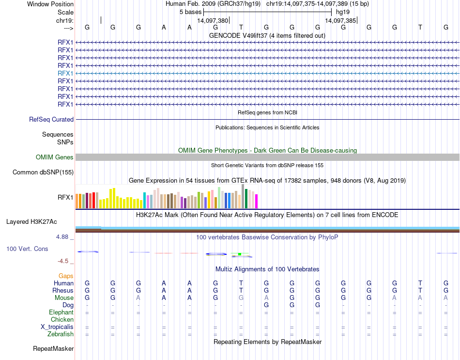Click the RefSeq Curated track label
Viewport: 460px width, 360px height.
tap(51, 119)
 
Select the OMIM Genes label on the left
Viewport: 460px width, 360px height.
tap(55, 157)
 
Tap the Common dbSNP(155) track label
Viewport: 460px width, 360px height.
tap(43, 172)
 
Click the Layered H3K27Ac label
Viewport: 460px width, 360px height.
tap(31, 222)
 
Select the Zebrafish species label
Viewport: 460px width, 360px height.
tap(61, 334)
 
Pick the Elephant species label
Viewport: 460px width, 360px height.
tap(61, 313)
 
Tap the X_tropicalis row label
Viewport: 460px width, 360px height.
tap(57, 327)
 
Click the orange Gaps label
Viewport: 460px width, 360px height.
tap(66, 276)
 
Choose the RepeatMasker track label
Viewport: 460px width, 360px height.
tap(53, 348)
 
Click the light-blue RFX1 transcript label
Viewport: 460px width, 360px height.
tap(65, 73)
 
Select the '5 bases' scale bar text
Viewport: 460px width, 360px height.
tap(190, 11)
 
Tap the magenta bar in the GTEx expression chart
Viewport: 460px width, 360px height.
tap(257, 201)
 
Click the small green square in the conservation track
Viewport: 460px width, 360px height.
tap(239, 254)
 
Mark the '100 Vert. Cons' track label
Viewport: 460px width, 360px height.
tap(27, 249)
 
